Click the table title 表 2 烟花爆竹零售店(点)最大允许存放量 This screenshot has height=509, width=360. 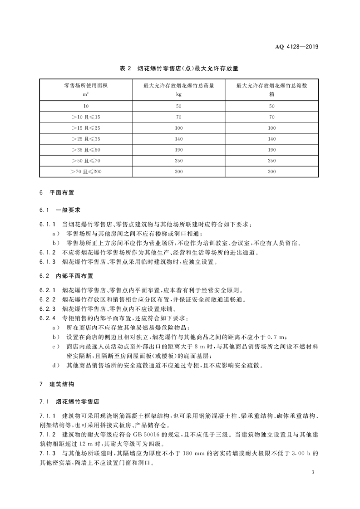179,69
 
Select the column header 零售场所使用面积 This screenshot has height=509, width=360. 85,85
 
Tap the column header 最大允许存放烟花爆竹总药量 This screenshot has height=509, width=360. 179,85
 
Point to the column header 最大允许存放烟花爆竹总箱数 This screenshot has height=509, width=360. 272,85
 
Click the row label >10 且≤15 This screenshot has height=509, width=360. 85,117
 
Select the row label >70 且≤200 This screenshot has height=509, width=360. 85,171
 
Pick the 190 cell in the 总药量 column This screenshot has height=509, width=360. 179,150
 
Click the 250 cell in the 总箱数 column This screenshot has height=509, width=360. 272,161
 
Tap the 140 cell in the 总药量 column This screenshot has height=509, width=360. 179,139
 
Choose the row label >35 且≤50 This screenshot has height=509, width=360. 85,150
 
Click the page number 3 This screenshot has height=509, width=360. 313,472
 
